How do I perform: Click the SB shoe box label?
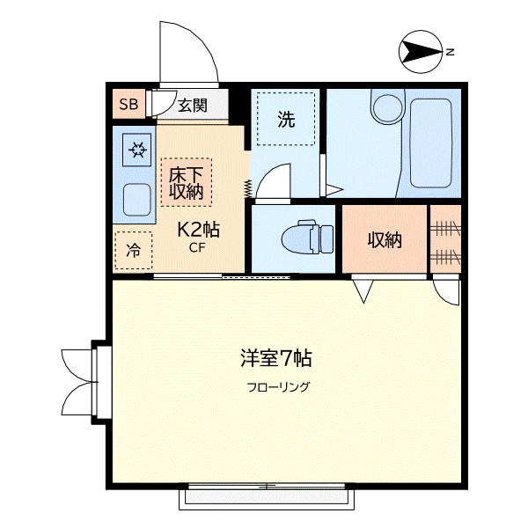tap(128, 106)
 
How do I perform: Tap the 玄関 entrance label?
tap(192, 106)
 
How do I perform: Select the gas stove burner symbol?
tap(137, 150)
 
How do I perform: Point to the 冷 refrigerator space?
tap(133, 250)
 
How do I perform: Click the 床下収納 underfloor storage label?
tap(186, 181)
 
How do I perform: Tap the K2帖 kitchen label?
tap(199, 231)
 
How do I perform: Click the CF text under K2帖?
tap(198, 249)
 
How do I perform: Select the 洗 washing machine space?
tap(286, 121)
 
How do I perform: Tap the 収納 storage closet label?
tap(385, 239)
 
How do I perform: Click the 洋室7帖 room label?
tap(275, 359)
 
